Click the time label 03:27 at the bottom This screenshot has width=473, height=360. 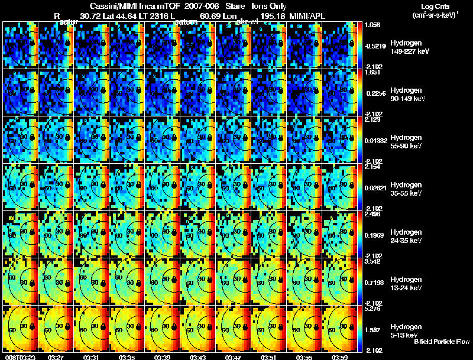point(56,356)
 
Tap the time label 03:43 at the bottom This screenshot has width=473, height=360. point(198,356)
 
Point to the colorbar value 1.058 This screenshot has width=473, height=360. point(373,25)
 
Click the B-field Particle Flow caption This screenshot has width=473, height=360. point(441,342)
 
